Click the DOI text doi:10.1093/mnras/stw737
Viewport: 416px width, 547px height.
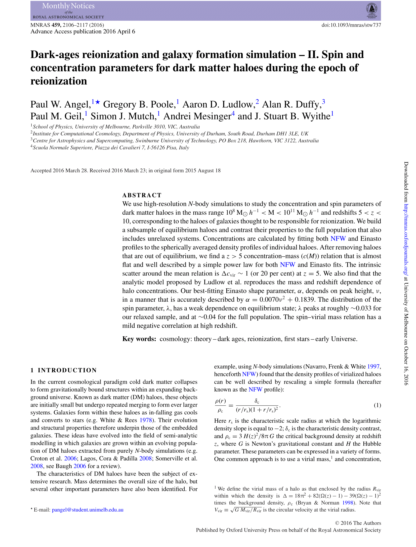[x=351, y=25]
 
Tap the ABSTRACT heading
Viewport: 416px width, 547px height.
[x=142, y=195]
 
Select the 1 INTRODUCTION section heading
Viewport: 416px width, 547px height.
[x=64, y=370]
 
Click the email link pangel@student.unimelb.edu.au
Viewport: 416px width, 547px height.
[x=88, y=510]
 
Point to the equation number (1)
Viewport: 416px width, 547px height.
[x=377, y=405]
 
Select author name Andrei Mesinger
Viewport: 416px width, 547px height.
[x=197, y=116]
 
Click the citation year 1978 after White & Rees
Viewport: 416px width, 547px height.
[x=146, y=420]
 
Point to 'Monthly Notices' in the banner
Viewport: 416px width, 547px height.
[x=68, y=6]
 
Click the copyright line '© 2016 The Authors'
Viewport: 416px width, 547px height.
[x=358, y=523]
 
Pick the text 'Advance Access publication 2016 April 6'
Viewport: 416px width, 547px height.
[x=83, y=31]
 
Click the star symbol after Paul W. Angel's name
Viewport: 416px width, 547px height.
[x=98, y=102]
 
